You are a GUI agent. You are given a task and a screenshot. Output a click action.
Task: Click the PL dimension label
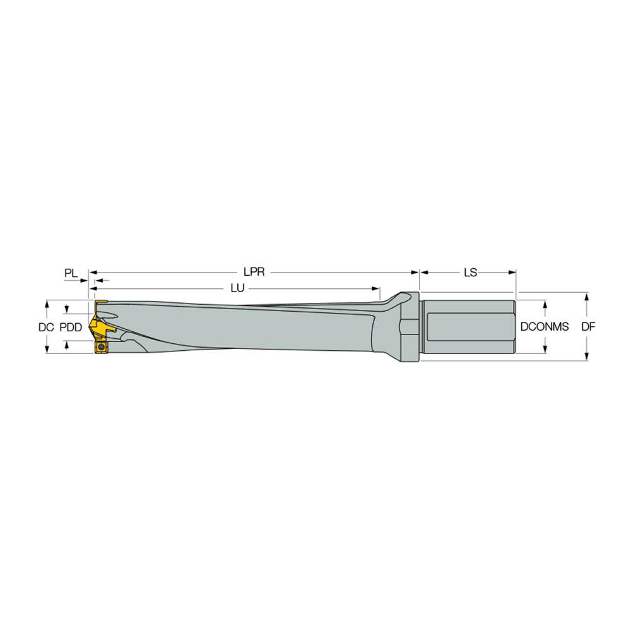pyautogui.click(x=71, y=273)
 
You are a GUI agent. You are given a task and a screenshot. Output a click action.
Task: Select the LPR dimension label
pyautogui.click(x=253, y=273)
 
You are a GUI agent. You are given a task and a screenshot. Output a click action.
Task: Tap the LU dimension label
pyautogui.click(x=237, y=288)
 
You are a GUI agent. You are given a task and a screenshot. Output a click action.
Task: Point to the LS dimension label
pyautogui.click(x=469, y=273)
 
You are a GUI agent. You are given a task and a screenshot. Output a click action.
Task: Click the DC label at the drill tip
pyautogui.click(x=45, y=327)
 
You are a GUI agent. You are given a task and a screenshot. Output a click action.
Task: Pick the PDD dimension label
pyautogui.click(x=70, y=327)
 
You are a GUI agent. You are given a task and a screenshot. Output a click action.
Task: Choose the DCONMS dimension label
pyautogui.click(x=545, y=327)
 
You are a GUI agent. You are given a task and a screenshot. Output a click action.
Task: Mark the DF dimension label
pyautogui.click(x=587, y=327)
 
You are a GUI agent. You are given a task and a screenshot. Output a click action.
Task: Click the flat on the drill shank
pyautogui.click(x=468, y=327)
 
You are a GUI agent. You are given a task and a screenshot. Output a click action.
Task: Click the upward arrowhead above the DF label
pyautogui.click(x=587, y=297)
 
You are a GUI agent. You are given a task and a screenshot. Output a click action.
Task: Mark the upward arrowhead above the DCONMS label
pyautogui.click(x=545, y=304)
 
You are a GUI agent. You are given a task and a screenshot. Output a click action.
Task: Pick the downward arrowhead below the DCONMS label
pyautogui.click(x=545, y=350)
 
